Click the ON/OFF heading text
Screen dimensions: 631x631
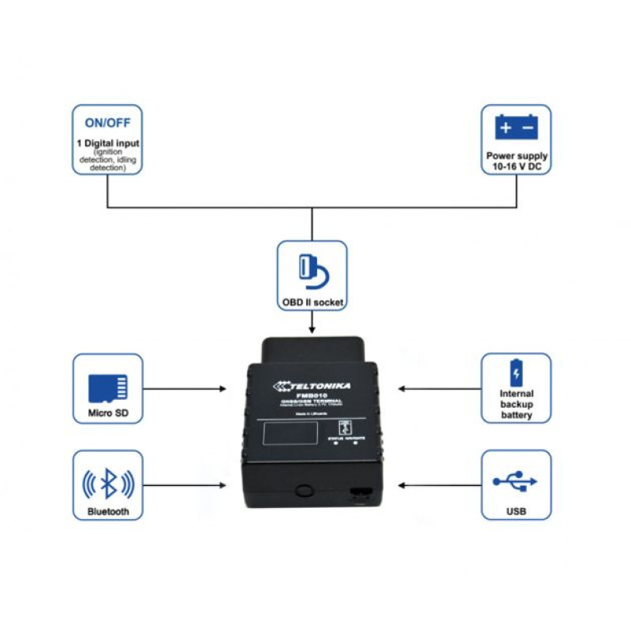coord(107,123)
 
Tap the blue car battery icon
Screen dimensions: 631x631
coord(516,126)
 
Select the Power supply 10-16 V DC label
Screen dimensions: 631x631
coord(517,162)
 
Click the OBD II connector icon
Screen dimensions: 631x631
coord(312,269)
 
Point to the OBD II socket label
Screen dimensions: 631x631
coord(312,302)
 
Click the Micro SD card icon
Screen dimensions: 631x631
coord(108,386)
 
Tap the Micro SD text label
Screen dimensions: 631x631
coord(108,414)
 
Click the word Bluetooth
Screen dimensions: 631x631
coord(108,512)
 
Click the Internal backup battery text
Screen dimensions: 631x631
coord(517,404)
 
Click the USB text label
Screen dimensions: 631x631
coord(516,512)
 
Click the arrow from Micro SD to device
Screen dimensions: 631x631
coord(185,388)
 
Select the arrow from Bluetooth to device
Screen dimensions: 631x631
coord(185,486)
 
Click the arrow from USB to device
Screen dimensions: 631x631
coord(440,486)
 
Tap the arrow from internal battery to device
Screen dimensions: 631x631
coord(440,388)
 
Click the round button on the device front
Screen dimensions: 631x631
coord(304,491)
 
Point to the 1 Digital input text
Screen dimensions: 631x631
coord(107,143)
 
